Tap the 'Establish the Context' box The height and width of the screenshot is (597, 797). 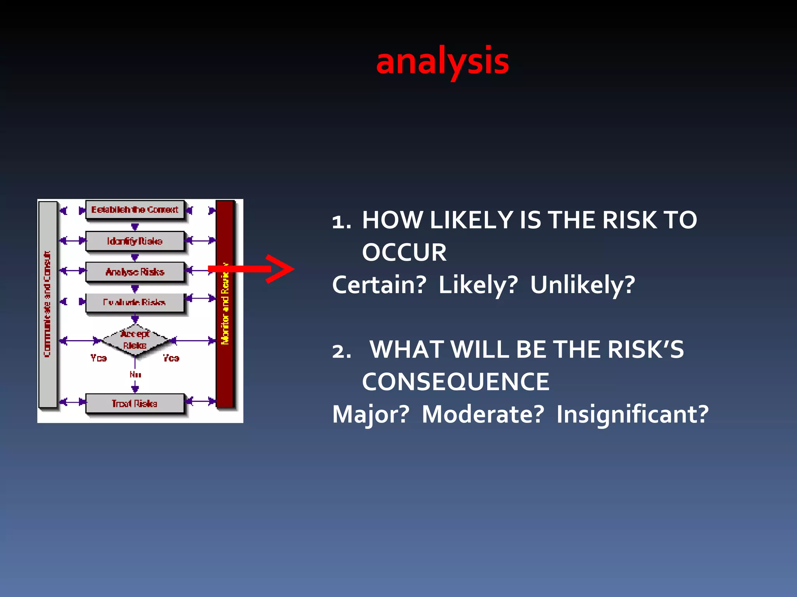(x=135, y=210)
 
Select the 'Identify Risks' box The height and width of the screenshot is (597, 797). (x=135, y=241)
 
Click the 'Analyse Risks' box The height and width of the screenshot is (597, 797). (x=135, y=272)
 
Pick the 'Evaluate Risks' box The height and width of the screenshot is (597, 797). (x=135, y=302)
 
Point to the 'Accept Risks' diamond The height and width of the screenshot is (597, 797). (x=135, y=340)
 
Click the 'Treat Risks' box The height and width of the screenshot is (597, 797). (x=135, y=403)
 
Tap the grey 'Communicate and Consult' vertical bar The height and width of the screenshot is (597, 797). (x=48, y=304)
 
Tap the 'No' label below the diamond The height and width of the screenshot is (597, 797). (x=135, y=375)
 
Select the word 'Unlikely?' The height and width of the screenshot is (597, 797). (x=583, y=285)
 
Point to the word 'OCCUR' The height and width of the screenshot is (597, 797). (x=404, y=253)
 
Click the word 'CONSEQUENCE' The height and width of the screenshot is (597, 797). (x=455, y=382)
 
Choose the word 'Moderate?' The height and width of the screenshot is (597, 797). (x=483, y=414)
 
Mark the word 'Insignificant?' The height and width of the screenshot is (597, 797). (x=632, y=414)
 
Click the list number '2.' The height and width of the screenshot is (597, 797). (x=342, y=351)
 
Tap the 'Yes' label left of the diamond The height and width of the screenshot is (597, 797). (x=98, y=358)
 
